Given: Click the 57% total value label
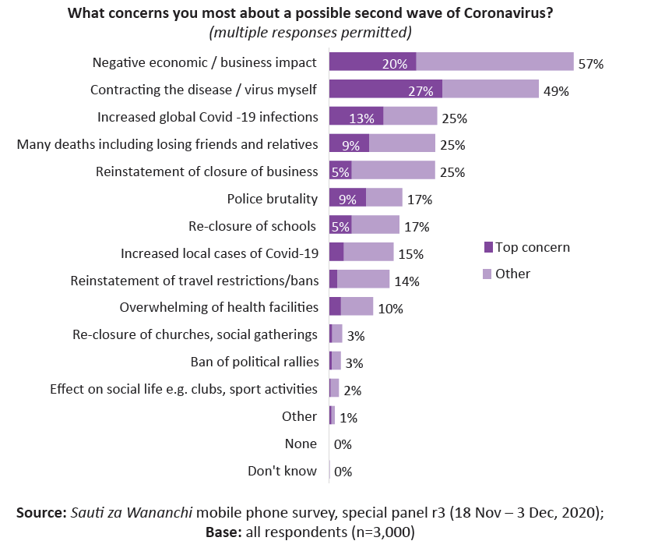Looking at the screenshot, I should point(591,64).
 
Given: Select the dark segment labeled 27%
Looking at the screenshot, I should point(385,90).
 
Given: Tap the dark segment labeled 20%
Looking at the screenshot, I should point(372,63).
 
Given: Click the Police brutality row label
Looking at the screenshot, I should point(272,199).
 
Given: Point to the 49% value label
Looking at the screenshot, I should point(556,91).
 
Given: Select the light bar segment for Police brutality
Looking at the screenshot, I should point(384,198).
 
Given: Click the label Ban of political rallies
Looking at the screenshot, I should point(255,362).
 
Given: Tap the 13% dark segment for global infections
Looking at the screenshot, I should point(356,117).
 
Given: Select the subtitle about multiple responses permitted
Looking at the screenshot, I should point(310,33).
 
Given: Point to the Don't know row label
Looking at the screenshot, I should point(282,471).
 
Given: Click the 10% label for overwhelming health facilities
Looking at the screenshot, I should point(390,309).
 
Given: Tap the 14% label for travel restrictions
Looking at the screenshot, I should point(406,281).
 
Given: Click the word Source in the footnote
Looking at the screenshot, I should point(41,513).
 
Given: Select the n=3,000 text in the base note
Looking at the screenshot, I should point(382,533).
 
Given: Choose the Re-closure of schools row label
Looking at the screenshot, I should point(252,226).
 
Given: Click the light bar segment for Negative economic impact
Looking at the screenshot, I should point(494,63).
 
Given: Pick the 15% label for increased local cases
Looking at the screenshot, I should point(410,253).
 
